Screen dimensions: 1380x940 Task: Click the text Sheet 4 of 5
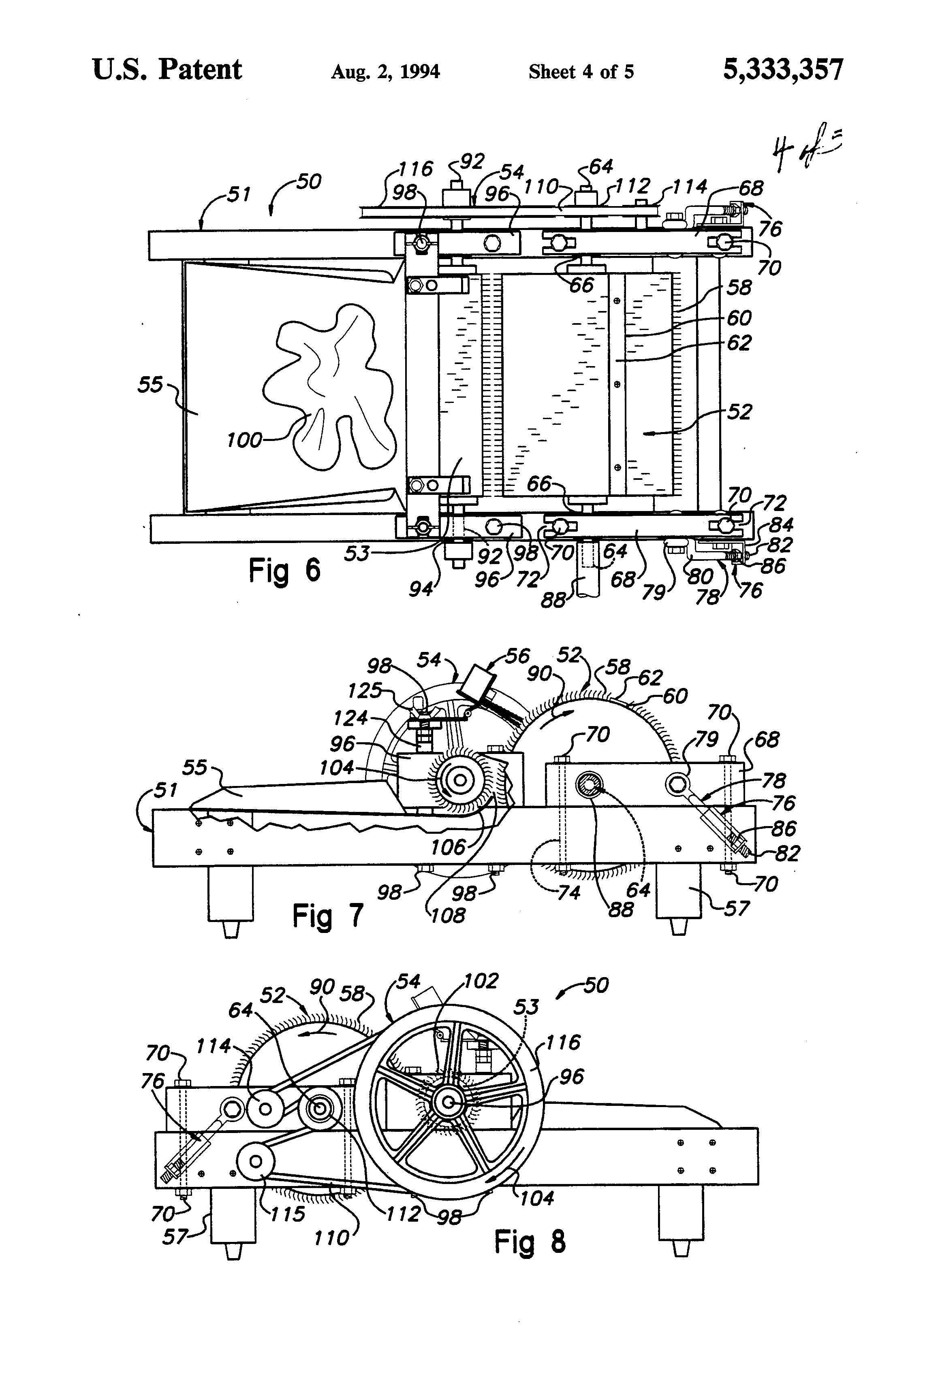pyautogui.click(x=581, y=72)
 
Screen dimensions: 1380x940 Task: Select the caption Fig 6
pyautogui.click(x=284, y=570)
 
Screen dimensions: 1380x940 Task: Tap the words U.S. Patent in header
pyautogui.click(x=167, y=70)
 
